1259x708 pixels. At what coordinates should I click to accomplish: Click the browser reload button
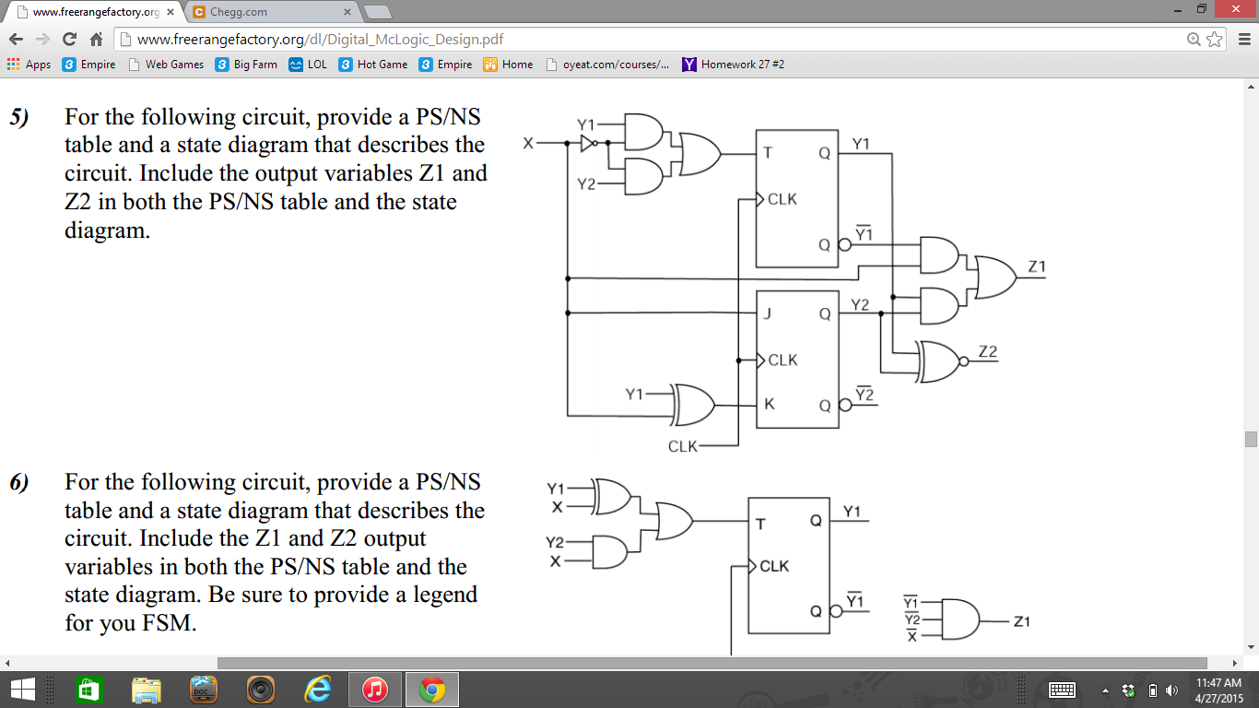pyautogui.click(x=69, y=40)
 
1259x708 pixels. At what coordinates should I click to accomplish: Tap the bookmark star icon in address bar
pyautogui.click(x=1215, y=40)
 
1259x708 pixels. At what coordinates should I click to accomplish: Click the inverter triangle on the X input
pyautogui.click(x=588, y=143)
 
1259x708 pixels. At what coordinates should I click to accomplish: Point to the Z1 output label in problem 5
pyautogui.click(x=1037, y=267)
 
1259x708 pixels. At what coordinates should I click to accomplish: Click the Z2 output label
pyautogui.click(x=988, y=351)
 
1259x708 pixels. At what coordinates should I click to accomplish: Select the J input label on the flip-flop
pyautogui.click(x=767, y=313)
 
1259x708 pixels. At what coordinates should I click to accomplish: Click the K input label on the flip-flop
pyautogui.click(x=769, y=404)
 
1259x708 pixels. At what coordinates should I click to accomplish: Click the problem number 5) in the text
pyautogui.click(x=19, y=118)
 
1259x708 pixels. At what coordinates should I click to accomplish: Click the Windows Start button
pyautogui.click(x=22, y=689)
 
